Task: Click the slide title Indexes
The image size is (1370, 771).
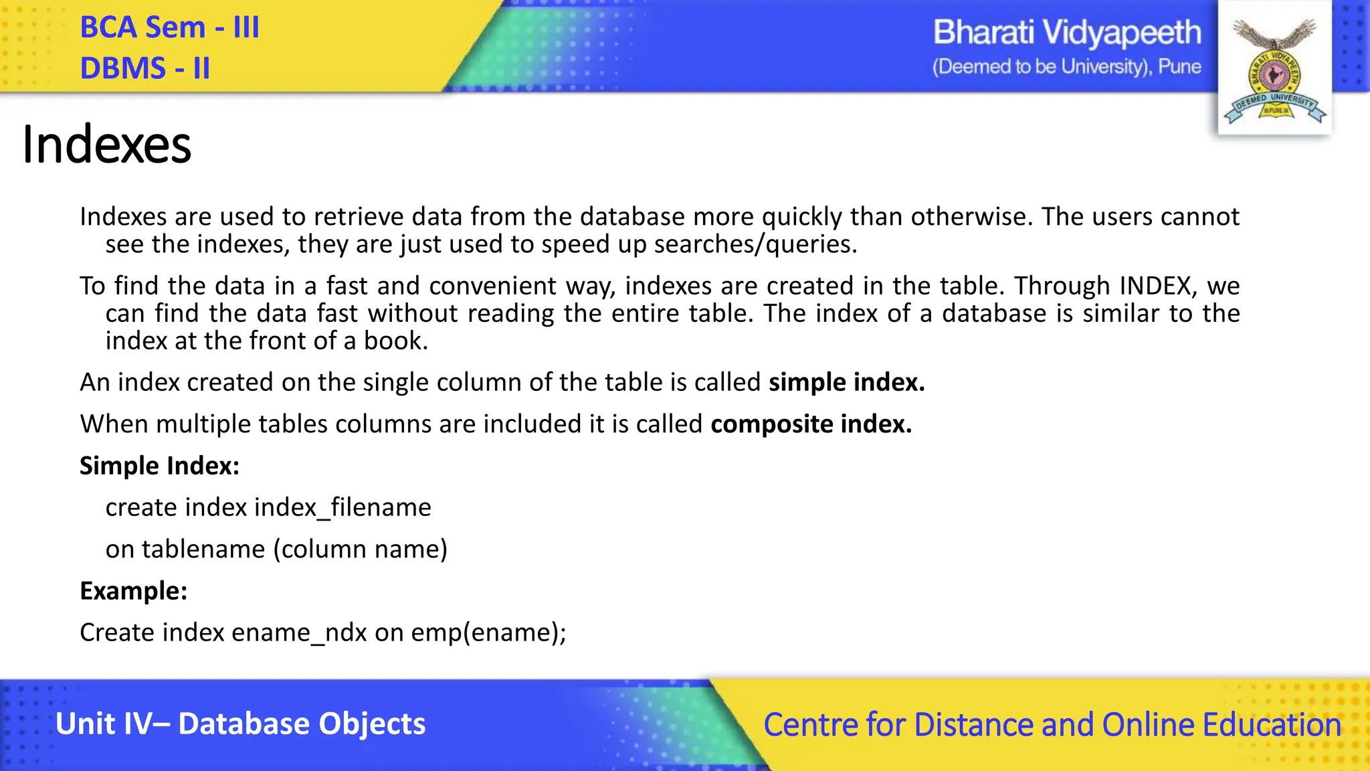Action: tap(106, 145)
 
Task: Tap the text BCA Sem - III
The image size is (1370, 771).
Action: tap(169, 28)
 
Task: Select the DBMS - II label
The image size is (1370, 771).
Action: tap(144, 68)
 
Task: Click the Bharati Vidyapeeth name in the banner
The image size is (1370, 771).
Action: tap(1066, 33)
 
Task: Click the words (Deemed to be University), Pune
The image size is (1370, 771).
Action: tap(1066, 67)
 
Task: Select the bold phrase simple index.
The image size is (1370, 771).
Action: tap(846, 382)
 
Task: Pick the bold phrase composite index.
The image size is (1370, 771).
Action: tap(811, 424)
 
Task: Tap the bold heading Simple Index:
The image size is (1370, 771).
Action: tap(159, 466)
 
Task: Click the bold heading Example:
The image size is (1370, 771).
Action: tap(133, 591)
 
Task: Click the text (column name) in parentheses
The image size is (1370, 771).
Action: tap(360, 549)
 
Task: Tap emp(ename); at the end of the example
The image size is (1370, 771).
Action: tap(488, 633)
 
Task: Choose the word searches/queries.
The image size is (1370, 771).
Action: tap(755, 245)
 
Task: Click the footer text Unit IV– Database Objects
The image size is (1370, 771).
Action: tap(240, 724)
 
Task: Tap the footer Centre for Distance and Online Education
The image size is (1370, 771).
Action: tap(1052, 725)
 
